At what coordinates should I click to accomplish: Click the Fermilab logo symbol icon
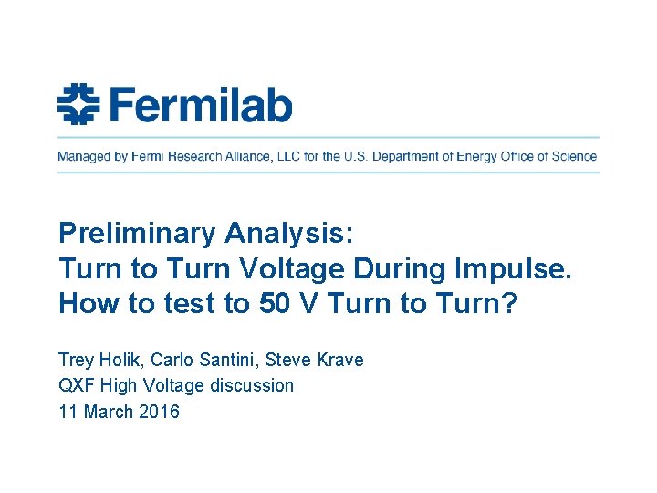point(78,105)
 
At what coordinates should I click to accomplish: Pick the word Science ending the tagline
point(573,156)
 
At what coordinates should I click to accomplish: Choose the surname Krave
point(339,360)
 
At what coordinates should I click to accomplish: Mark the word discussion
point(252,385)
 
